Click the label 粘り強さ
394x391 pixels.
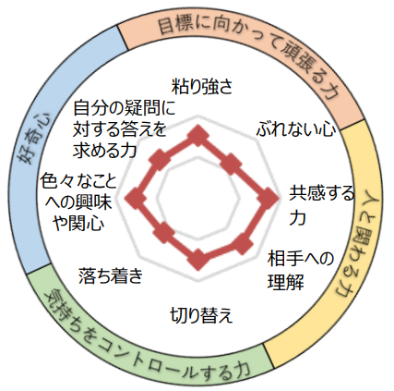tap(202, 87)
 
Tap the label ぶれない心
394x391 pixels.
tap(296, 129)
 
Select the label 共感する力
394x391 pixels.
tap(322, 205)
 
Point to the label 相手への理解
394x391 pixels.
tap(301, 270)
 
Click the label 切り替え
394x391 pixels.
tap(201, 315)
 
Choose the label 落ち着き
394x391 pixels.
tap(111, 275)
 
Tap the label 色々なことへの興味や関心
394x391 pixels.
tap(78, 202)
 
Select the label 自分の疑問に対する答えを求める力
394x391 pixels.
tap(124, 128)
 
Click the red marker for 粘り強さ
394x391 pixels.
tap(197, 136)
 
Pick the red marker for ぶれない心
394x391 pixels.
tap(232, 164)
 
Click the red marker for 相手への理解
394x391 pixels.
tap(242, 244)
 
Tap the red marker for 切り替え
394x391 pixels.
tap(197, 259)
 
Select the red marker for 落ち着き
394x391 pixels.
tap(164, 233)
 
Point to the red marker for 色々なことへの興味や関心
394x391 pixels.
tap(135, 198)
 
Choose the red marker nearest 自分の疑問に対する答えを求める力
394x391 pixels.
tap(160, 160)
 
